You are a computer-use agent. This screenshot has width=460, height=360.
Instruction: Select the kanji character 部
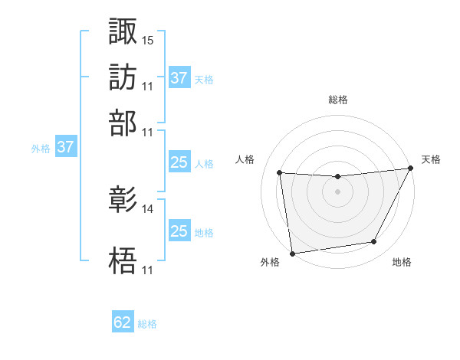123,123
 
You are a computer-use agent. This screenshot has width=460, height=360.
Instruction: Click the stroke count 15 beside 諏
148,39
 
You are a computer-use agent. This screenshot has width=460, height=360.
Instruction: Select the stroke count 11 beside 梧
148,270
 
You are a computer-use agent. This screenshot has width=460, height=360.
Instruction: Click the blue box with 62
123,322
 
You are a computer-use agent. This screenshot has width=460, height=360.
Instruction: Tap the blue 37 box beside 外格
65,148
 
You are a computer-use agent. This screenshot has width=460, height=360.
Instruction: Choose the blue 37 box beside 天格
179,78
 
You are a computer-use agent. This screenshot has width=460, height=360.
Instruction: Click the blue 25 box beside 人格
179,162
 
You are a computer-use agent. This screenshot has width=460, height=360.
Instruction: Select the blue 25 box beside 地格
179,231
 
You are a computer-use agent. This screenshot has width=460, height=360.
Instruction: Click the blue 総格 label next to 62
147,324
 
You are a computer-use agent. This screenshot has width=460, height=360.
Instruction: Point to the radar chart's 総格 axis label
337,100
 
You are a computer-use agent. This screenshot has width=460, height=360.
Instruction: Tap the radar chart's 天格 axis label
431,159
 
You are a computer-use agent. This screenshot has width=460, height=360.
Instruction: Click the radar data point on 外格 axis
292,253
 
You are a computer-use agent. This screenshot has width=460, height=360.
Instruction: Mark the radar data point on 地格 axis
374,242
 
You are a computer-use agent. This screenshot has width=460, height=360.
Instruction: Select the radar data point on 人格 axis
280,173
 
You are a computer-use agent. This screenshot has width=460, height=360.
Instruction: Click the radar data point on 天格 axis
410,169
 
